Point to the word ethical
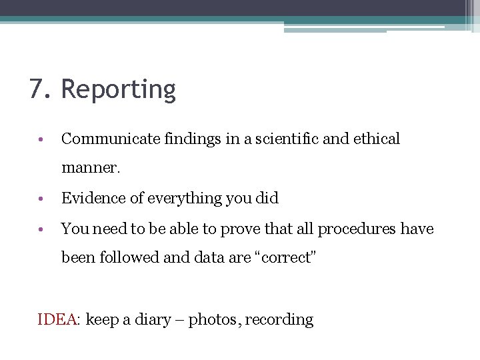pyautogui.click(x=377, y=139)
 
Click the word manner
pyautogui.click(x=90, y=168)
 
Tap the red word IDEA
pyautogui.click(x=58, y=319)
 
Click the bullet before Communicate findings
pyautogui.click(x=41, y=140)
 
